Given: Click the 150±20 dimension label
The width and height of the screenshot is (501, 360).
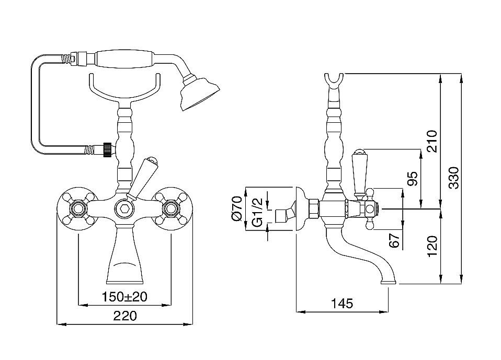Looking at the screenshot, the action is [x=124, y=297].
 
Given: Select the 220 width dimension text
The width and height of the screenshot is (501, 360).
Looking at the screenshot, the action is [x=125, y=316].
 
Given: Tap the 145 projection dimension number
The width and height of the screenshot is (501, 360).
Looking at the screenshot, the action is [x=342, y=303].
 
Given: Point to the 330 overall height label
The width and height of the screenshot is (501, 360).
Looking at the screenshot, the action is [x=454, y=178].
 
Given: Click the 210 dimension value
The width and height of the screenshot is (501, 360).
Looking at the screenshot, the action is [x=432, y=141].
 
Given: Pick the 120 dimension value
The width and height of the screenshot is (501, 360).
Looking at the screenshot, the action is [x=432, y=247].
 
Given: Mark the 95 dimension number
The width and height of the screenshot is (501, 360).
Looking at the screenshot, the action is [x=413, y=179].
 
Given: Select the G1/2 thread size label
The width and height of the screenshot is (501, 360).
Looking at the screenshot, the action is [x=257, y=212].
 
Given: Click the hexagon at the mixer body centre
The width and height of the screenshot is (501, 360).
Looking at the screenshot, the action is [x=124, y=209].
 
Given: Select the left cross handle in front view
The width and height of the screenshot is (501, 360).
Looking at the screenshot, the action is [x=77, y=209].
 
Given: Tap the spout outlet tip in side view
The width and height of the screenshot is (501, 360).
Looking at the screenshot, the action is [x=389, y=282].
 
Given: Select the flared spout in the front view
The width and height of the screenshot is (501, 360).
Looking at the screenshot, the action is [x=124, y=256].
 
